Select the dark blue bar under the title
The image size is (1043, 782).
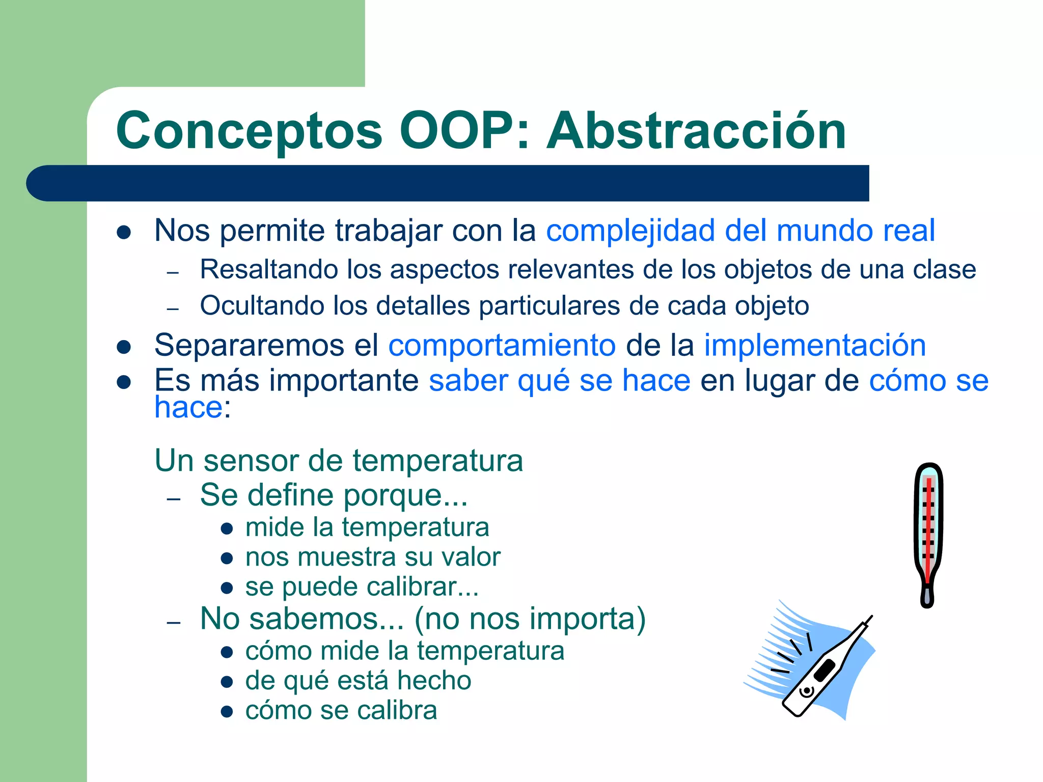[447, 183]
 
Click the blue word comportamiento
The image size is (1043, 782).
[502, 345]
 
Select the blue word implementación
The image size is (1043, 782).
[814, 345]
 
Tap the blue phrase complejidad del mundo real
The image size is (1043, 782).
[740, 231]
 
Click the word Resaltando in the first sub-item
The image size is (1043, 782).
[268, 269]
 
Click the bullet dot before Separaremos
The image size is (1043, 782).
[124, 347]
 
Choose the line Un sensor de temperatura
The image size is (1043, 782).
[339, 461]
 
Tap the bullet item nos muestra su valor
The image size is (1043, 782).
[373, 557]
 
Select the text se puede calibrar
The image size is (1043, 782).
[362, 587]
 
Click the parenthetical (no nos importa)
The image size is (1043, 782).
[530, 619]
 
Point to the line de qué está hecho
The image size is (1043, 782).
[358, 681]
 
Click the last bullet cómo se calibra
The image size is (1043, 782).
[341, 710]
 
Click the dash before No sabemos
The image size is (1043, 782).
[174, 623]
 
